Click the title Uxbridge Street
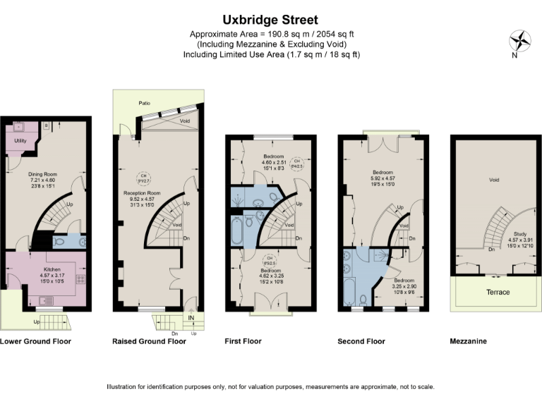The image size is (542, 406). tap(271, 20)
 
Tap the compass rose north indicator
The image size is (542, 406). tap(520, 41)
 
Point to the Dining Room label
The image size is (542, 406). tap(42, 173)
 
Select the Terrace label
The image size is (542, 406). tap(498, 292)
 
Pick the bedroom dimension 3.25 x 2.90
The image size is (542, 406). tap(404, 285)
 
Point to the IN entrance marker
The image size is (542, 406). tap(191, 318)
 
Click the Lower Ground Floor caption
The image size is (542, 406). tap(35, 342)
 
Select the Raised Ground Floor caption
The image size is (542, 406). tap(149, 342)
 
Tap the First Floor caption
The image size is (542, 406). tap(243, 342)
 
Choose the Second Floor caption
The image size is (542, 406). tap(361, 342)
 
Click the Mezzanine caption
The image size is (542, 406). tap(468, 342)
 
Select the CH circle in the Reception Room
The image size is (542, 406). tap(143, 176)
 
